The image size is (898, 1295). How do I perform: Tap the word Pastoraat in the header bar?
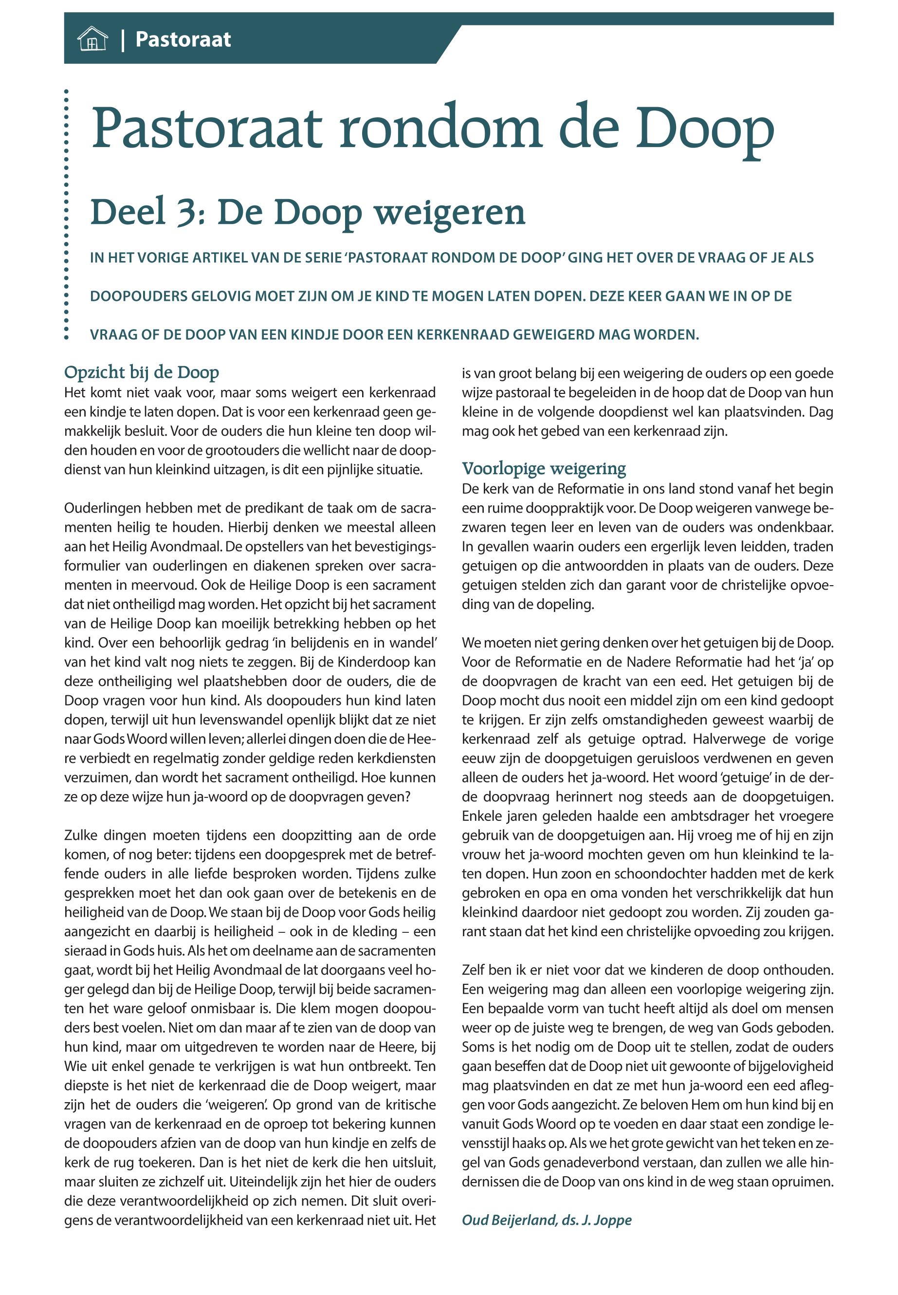pos(183,40)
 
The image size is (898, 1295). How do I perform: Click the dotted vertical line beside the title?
pos(66,214)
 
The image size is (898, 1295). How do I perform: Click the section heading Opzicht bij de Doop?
pos(141,372)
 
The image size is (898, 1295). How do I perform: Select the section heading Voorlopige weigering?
pos(544,468)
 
